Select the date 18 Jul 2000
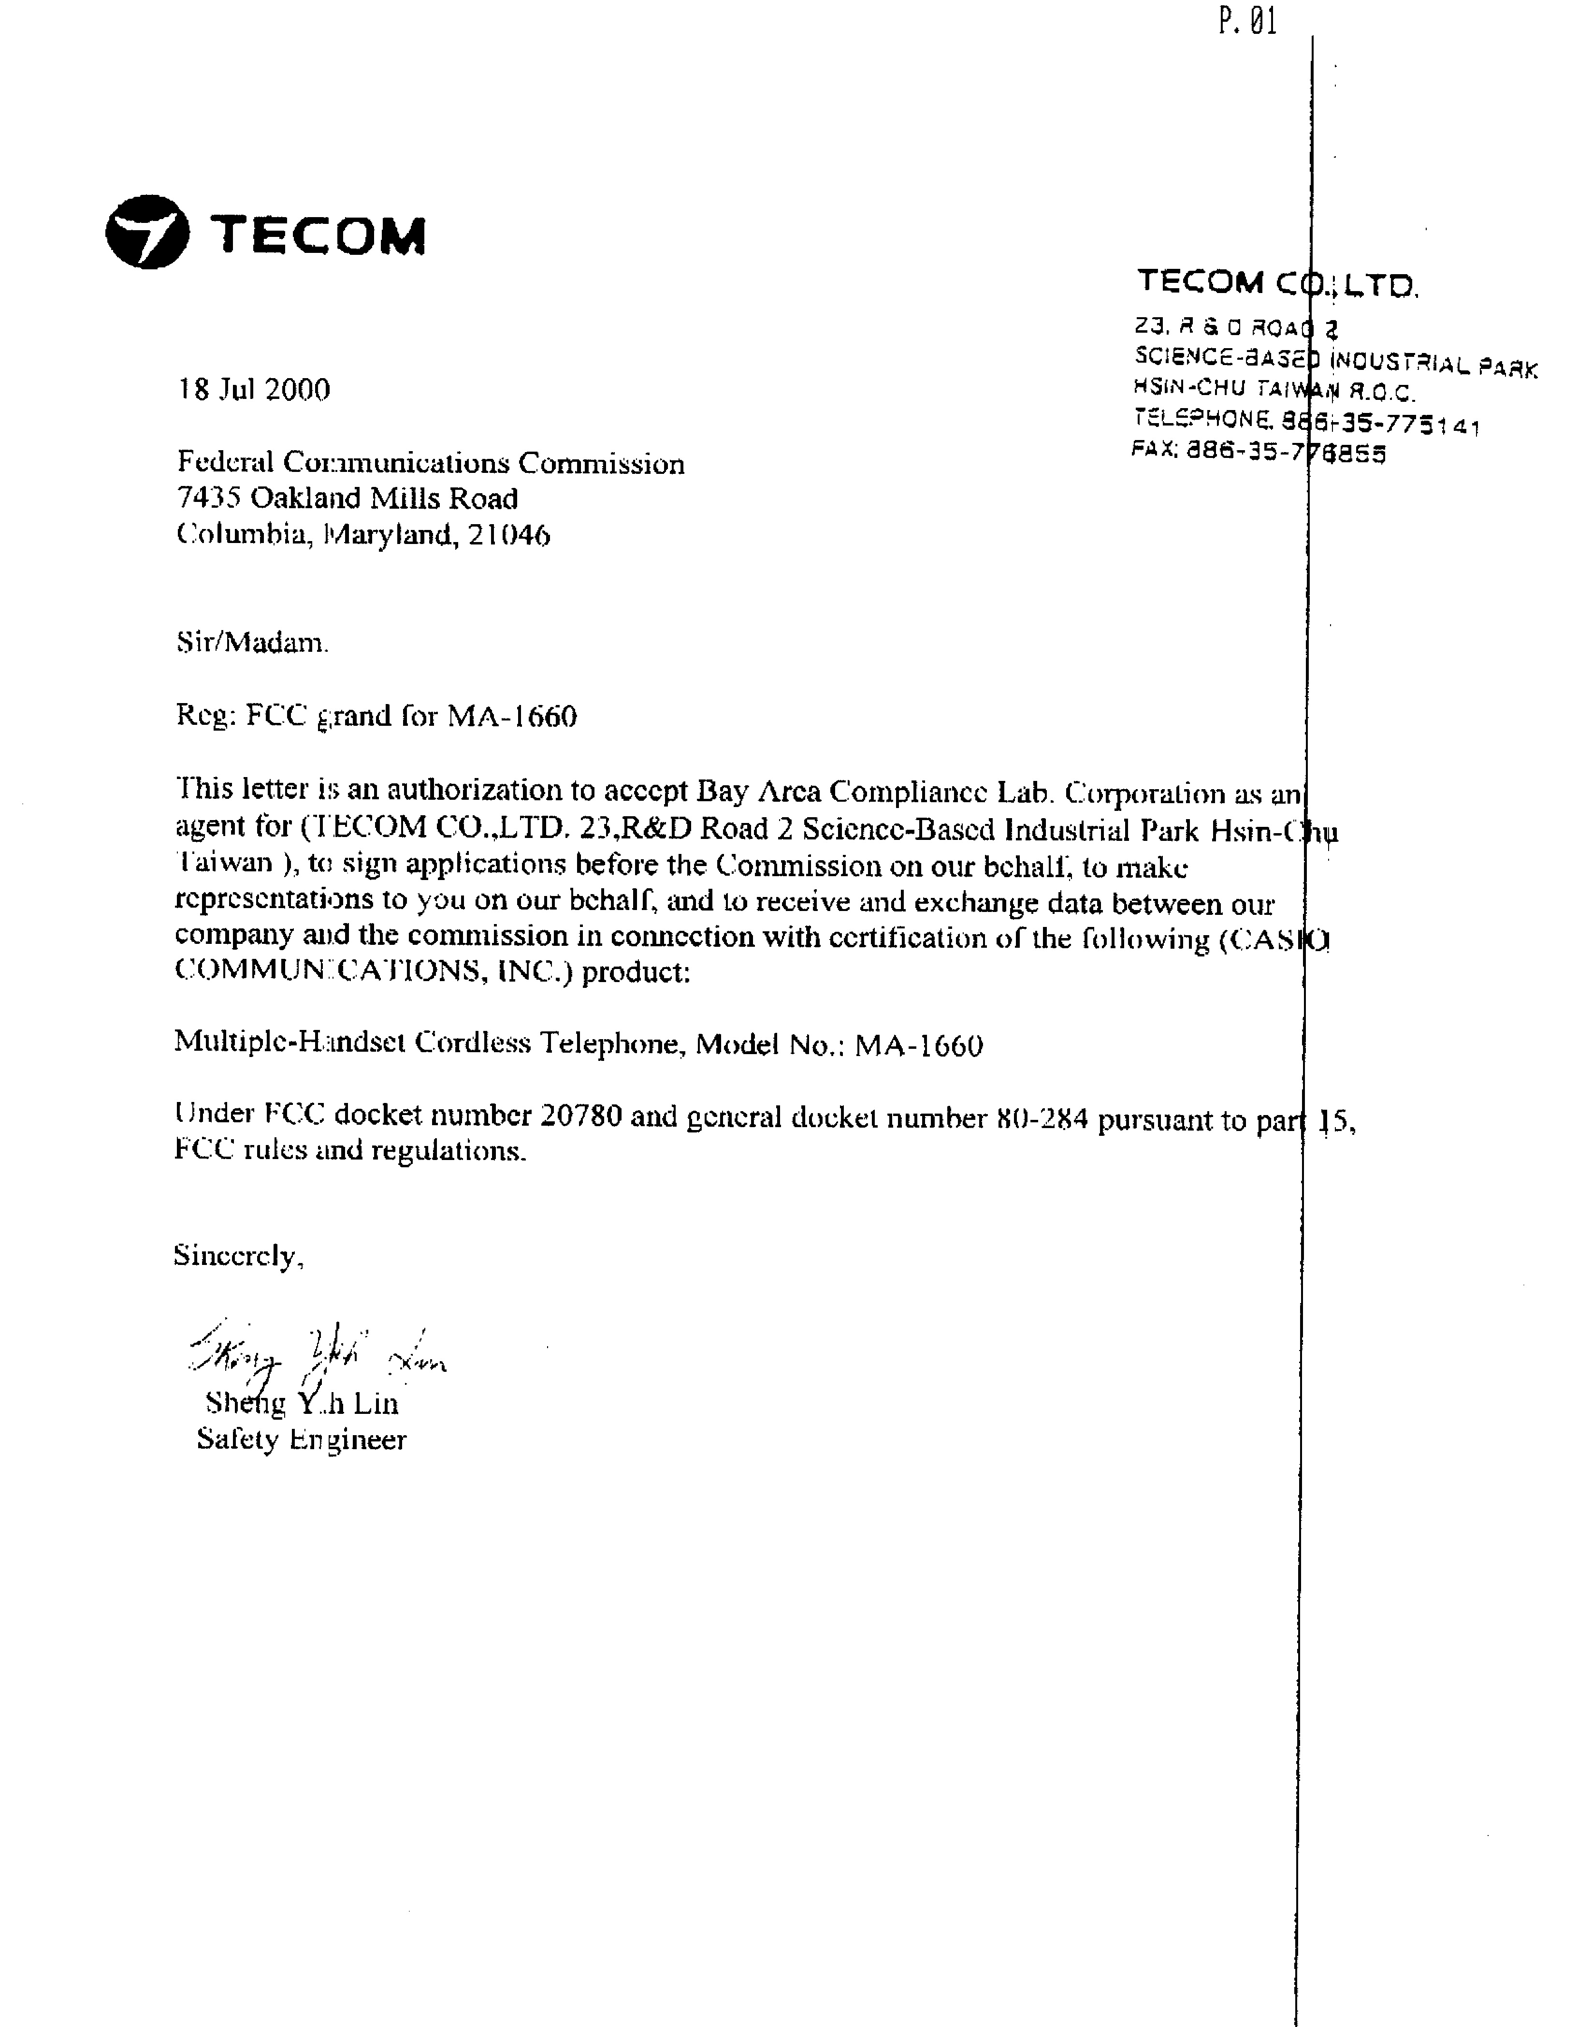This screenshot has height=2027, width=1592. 254,390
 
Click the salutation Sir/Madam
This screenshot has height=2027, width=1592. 252,643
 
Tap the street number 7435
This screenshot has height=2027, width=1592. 209,499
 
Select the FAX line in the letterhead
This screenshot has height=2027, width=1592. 1259,451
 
